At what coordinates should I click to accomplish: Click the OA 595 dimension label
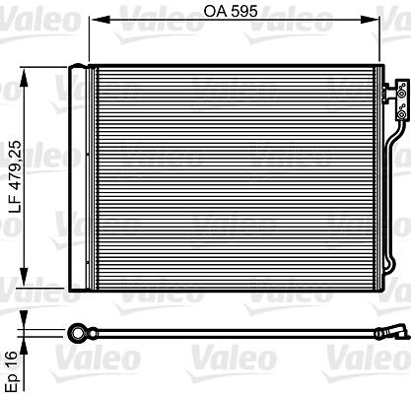tap(231, 12)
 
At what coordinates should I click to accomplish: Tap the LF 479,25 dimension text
tap(16, 177)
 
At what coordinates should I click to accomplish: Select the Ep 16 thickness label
tap(12, 371)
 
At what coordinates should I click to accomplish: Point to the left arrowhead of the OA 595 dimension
tap(100, 21)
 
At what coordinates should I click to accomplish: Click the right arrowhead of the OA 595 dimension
tap(370, 21)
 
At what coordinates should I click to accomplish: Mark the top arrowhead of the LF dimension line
tap(24, 78)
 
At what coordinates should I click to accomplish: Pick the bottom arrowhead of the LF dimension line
tap(24, 277)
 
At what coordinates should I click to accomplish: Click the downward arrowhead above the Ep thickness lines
tap(24, 319)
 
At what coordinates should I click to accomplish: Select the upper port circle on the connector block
tap(401, 95)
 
